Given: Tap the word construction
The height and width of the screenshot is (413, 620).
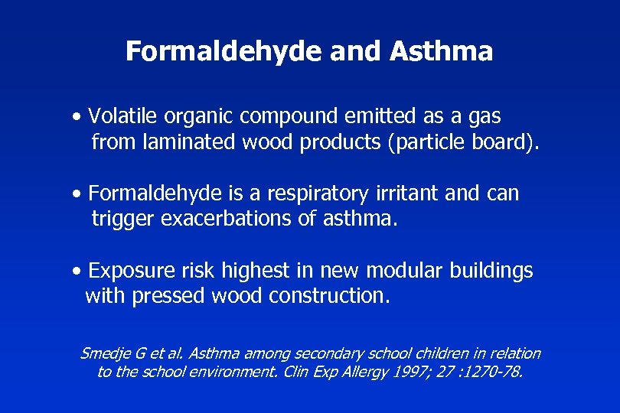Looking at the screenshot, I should tap(329, 296).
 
